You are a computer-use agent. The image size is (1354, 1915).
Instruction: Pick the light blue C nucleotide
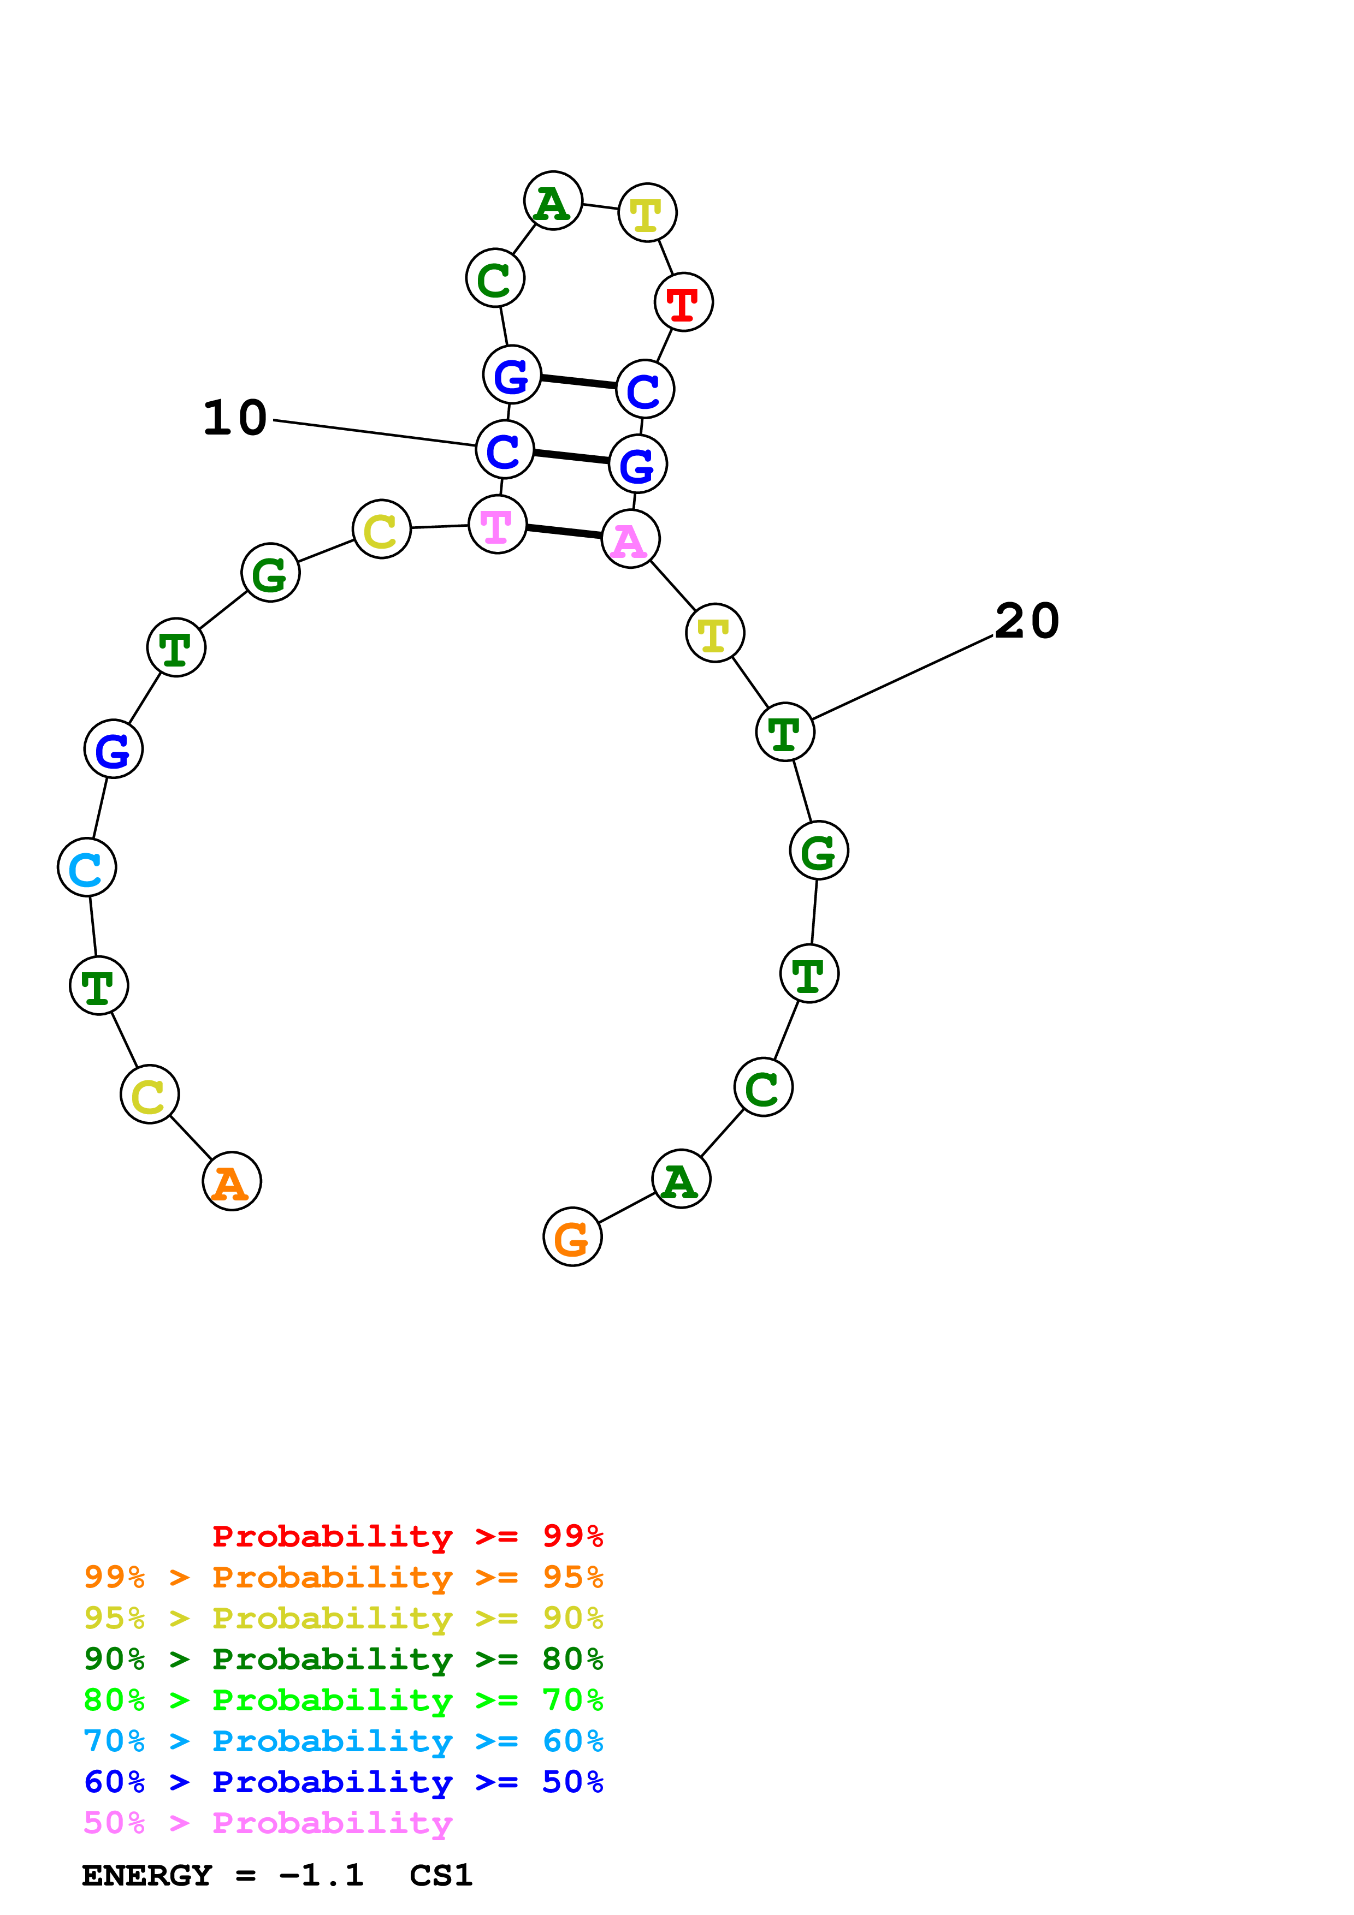tap(87, 867)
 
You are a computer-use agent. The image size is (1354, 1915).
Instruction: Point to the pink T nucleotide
tap(497, 525)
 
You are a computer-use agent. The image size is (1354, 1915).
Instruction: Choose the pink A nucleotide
tap(631, 539)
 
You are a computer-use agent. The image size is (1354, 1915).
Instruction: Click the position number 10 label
tap(235, 418)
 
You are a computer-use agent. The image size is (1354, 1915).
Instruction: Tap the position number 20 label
tap(1027, 621)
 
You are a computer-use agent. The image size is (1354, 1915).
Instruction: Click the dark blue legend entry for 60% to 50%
tap(344, 1782)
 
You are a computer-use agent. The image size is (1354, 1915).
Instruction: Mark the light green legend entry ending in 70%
tap(344, 1700)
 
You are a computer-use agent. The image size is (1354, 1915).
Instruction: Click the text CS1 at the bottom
tap(440, 1875)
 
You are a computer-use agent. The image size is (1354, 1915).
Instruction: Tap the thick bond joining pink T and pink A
tap(564, 531)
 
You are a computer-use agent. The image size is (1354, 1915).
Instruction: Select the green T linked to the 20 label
tap(785, 732)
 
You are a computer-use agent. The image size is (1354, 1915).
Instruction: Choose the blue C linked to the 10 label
tap(505, 450)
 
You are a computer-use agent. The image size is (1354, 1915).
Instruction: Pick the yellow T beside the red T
tap(647, 213)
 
